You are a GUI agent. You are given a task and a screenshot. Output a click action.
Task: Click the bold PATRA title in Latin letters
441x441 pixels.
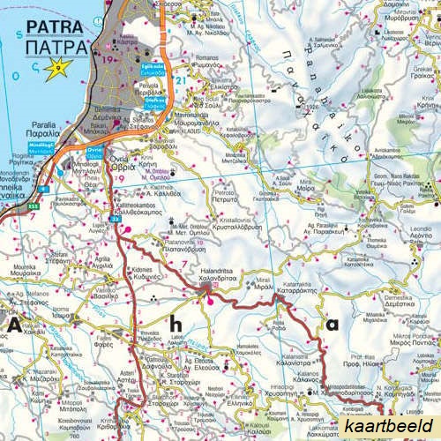click(56, 26)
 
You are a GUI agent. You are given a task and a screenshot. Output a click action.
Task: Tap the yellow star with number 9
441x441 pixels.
click(58, 66)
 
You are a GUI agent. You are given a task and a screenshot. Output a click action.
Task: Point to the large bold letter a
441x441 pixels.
click(332, 325)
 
